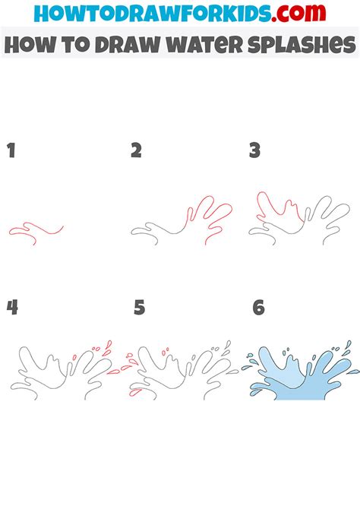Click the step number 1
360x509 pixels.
pyautogui.click(x=11, y=150)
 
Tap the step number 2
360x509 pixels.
pyautogui.click(x=136, y=150)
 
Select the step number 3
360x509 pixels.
pyautogui.click(x=255, y=150)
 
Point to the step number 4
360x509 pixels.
pyautogui.click(x=12, y=308)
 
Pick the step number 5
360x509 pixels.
pyautogui.click(x=139, y=308)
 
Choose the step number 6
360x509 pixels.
pyautogui.click(x=258, y=308)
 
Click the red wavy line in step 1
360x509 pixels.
pyautogui.click(x=34, y=229)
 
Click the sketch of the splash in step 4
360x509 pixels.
pyautogui.click(x=57, y=368)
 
